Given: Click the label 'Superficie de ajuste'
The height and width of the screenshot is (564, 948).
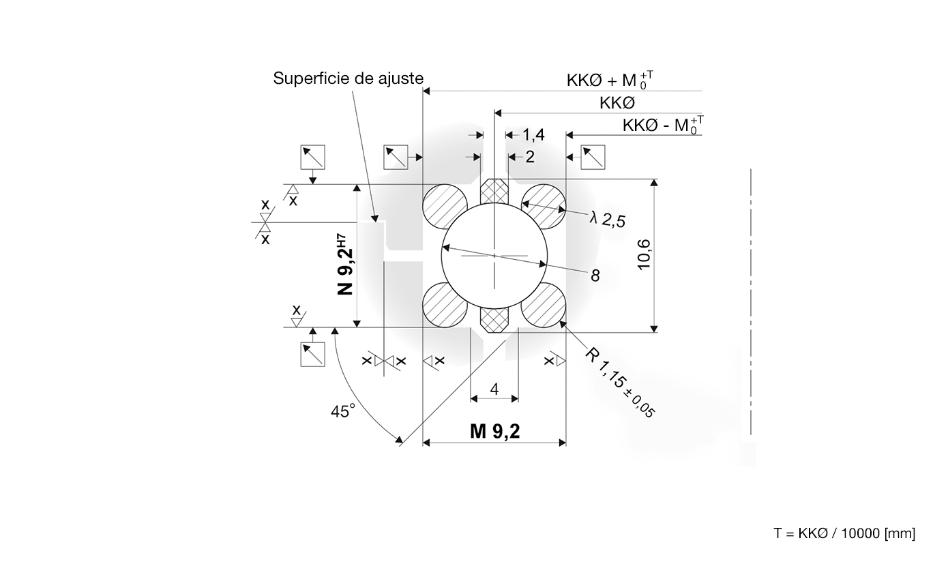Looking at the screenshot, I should [x=348, y=78].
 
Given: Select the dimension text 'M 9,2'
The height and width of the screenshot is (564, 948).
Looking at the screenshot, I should [x=494, y=431].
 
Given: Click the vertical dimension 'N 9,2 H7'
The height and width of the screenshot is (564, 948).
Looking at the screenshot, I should [x=346, y=265].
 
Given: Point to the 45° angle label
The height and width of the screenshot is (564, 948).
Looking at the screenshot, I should [x=342, y=411].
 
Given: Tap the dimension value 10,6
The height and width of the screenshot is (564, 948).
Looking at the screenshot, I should [x=643, y=254].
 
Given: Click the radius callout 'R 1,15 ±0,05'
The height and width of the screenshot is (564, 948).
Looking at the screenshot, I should [x=620, y=382].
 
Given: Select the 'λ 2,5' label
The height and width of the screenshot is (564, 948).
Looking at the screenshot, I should [x=608, y=219].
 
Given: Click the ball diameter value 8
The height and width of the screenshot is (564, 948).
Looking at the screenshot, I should [x=595, y=276].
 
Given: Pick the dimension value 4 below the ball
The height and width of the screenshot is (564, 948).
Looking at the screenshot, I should [x=494, y=389].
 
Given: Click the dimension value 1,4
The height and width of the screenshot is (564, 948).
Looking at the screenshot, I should [x=533, y=135].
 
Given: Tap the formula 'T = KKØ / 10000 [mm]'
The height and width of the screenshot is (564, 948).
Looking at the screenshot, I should [x=844, y=533].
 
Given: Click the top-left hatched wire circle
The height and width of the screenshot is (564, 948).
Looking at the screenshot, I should [x=445, y=207].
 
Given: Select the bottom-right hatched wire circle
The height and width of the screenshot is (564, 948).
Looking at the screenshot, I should [x=544, y=305].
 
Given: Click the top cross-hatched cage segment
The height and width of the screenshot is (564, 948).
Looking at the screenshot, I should [x=494, y=192].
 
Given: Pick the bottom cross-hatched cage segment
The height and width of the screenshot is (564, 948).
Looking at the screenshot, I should [x=494, y=318].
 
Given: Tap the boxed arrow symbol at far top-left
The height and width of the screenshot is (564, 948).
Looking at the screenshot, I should [x=313, y=158].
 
